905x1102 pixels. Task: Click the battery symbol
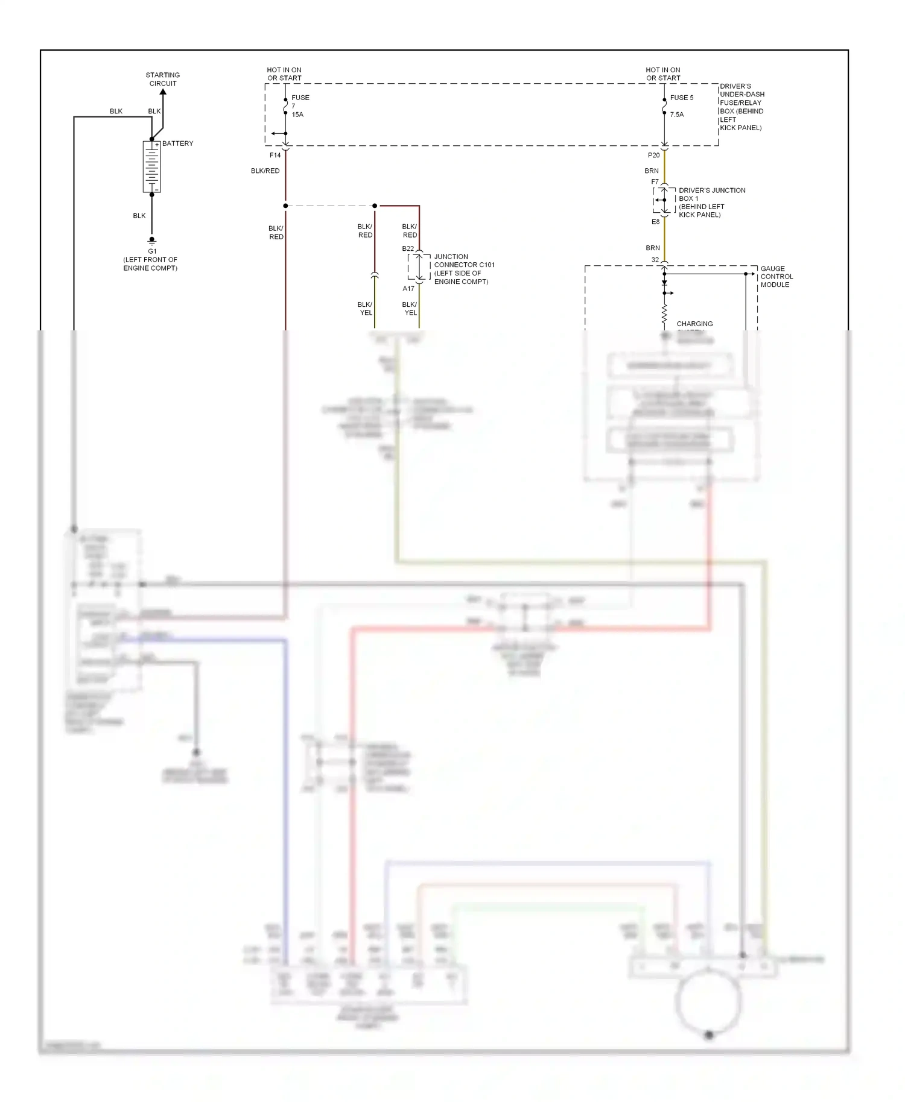pyautogui.click(x=151, y=167)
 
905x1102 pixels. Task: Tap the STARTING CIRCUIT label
pyautogui.click(x=162, y=79)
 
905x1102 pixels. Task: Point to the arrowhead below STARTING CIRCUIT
pyautogui.click(x=163, y=92)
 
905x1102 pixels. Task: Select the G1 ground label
pyautogui.click(x=152, y=251)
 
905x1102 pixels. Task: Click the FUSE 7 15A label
pyautogui.click(x=299, y=105)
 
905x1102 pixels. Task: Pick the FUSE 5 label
pyautogui.click(x=682, y=98)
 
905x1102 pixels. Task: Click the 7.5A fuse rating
pyautogui.click(x=677, y=115)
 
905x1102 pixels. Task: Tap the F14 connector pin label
pyautogui.click(x=275, y=155)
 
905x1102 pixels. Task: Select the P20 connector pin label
pyautogui.click(x=653, y=155)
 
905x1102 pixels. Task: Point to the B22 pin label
pyautogui.click(x=408, y=248)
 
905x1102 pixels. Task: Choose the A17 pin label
pyautogui.click(x=408, y=289)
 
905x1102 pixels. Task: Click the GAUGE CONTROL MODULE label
pyautogui.click(x=776, y=277)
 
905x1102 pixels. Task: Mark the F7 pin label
pyautogui.click(x=655, y=181)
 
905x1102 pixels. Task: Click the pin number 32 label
pyautogui.click(x=655, y=260)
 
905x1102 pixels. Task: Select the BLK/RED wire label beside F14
pyautogui.click(x=265, y=171)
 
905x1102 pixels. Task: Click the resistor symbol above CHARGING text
pyautogui.click(x=664, y=314)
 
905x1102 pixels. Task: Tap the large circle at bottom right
pyautogui.click(x=708, y=1003)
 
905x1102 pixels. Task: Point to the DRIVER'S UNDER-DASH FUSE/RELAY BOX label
pyautogui.click(x=741, y=107)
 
